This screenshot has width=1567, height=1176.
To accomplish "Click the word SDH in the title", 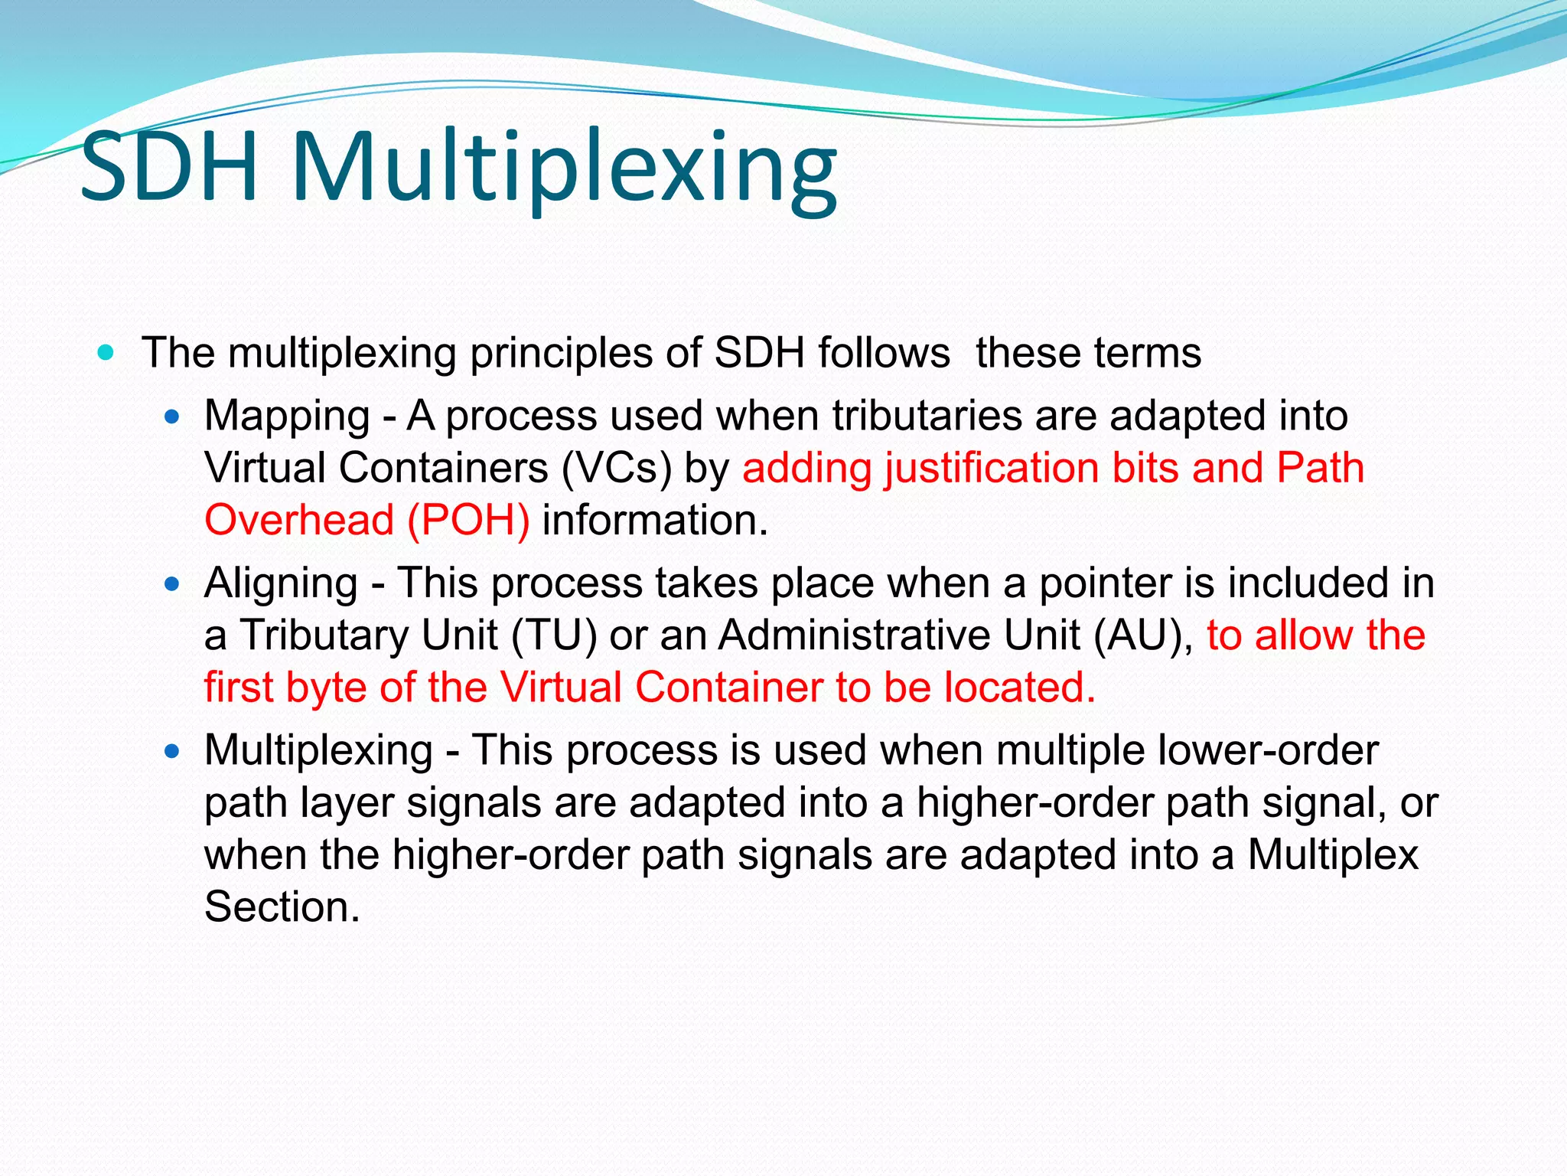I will point(170,167).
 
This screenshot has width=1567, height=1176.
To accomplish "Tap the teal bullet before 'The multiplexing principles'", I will point(106,353).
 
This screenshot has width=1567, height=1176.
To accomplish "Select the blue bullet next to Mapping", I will point(172,417).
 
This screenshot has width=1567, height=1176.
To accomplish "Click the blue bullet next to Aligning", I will point(172,585).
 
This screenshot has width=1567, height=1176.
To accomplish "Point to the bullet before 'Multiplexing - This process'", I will point(172,752).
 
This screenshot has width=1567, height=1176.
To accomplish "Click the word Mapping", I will point(287,417).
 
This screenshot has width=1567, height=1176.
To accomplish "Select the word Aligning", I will point(281,584).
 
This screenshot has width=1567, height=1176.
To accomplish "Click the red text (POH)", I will point(468,521).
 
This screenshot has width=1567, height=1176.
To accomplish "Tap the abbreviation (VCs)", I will point(616,469).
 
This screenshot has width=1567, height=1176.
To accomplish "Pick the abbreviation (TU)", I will point(554,635).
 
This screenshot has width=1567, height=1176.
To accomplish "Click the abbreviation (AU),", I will point(1143,635).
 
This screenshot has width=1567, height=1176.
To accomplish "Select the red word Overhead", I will point(299,521).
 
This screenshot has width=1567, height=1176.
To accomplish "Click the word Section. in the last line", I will point(282,907).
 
